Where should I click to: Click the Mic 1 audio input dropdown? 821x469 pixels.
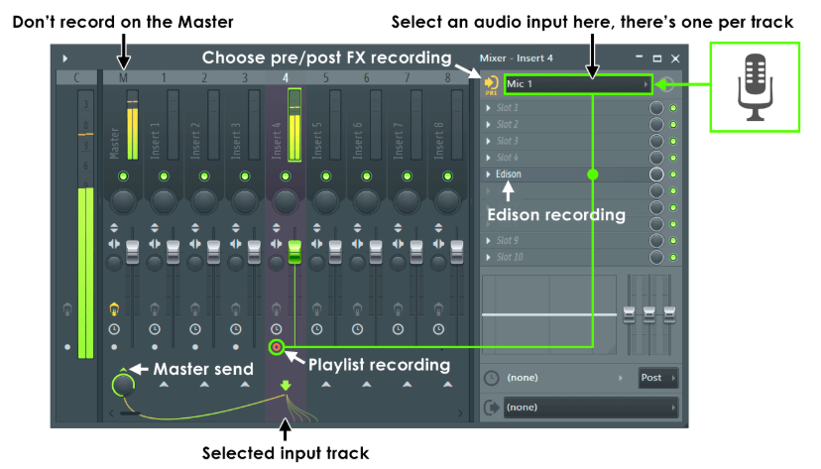(576, 85)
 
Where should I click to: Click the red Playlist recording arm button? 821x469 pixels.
(277, 347)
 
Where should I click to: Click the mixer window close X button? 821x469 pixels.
(675, 59)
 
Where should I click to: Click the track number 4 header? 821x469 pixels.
(286, 77)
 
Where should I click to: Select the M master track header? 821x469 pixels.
(123, 77)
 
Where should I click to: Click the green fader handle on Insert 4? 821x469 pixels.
(293, 250)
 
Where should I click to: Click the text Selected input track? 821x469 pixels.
(286, 453)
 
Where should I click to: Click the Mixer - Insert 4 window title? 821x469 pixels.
(516, 59)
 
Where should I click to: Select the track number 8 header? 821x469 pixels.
(447, 77)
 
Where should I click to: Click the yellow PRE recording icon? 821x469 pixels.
(491, 84)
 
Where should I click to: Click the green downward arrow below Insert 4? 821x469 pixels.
(286, 386)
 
